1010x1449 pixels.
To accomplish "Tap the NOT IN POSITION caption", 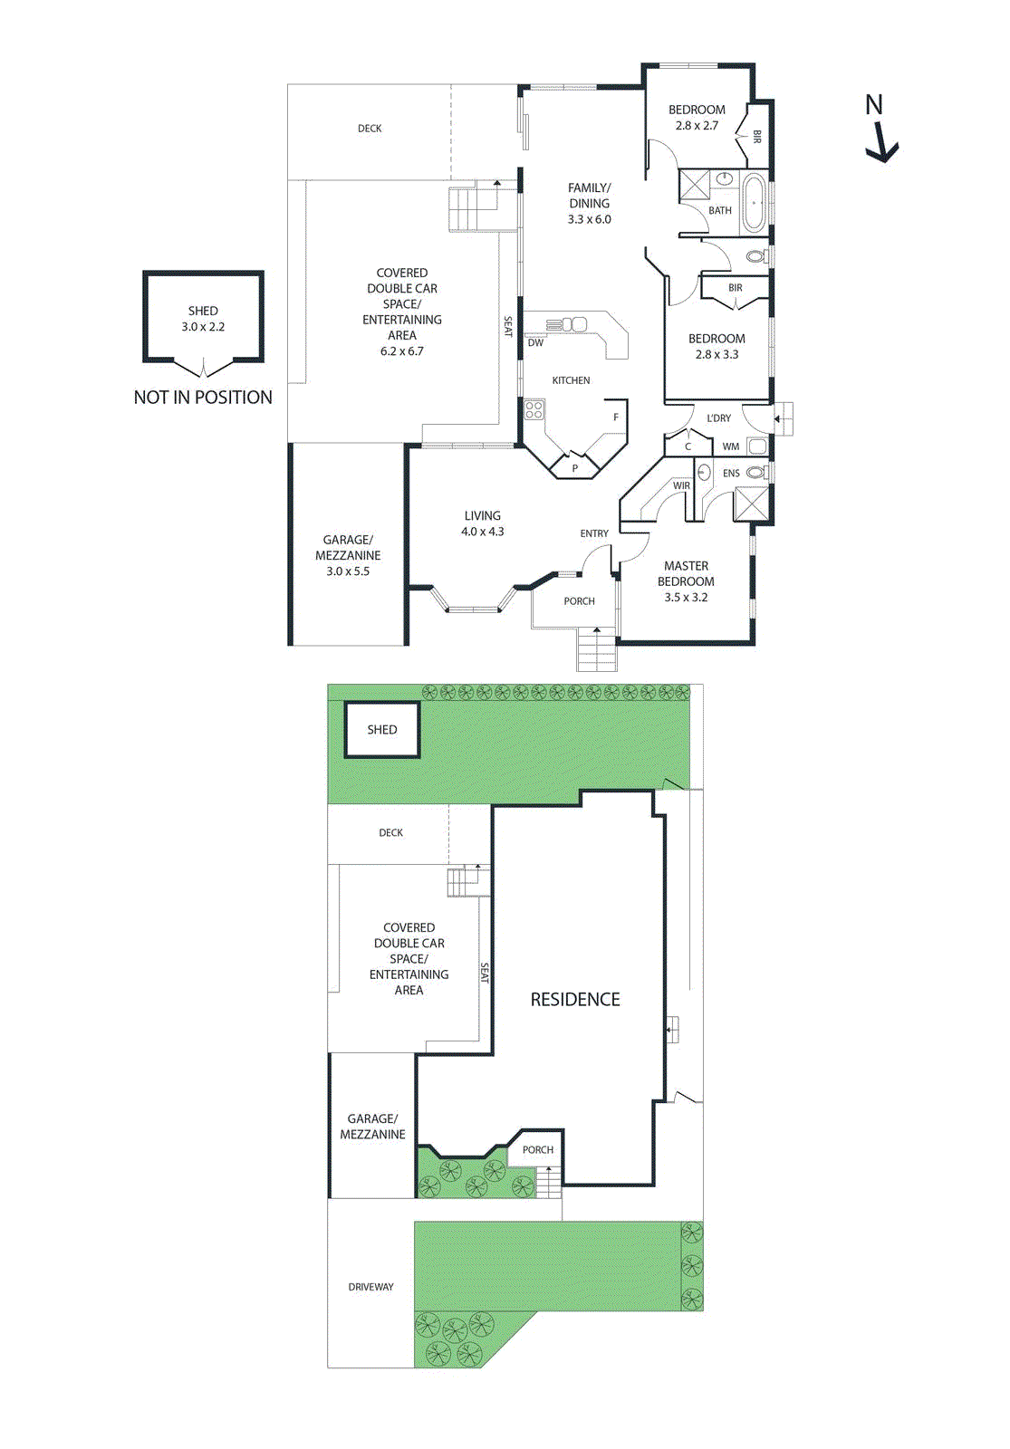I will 203,398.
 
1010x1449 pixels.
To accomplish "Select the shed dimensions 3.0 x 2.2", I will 203,327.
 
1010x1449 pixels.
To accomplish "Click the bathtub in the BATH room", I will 754,204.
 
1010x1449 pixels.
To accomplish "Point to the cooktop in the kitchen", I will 534,410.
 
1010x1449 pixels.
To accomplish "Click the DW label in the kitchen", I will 535,342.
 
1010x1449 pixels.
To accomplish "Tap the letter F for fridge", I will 616,417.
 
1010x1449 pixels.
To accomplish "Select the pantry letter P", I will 574,468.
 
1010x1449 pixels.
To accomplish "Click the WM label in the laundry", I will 730,446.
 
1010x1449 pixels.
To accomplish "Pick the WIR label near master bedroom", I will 681,486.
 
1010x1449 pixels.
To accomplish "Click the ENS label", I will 731,474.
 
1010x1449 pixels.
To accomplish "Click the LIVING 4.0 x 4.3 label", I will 482,523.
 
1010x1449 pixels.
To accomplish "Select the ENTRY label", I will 594,533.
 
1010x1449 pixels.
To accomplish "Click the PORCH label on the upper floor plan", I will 579,601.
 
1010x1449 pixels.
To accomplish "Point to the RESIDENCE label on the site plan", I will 575,1000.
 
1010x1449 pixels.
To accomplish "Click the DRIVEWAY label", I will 370,1287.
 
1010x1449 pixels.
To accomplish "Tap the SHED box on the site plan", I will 381,730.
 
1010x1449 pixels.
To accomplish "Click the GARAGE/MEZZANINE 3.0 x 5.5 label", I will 348,555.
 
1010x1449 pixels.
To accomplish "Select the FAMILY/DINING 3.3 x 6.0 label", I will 589,204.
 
